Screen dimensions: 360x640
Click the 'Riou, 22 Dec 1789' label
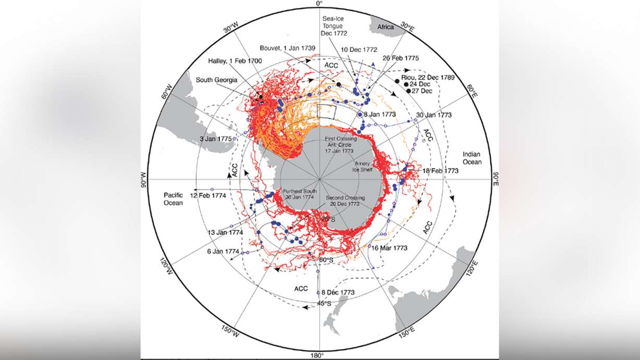tap(428, 77)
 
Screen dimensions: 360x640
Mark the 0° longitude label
tap(319, 4)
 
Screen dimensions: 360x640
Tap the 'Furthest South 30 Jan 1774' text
tap(299, 194)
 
